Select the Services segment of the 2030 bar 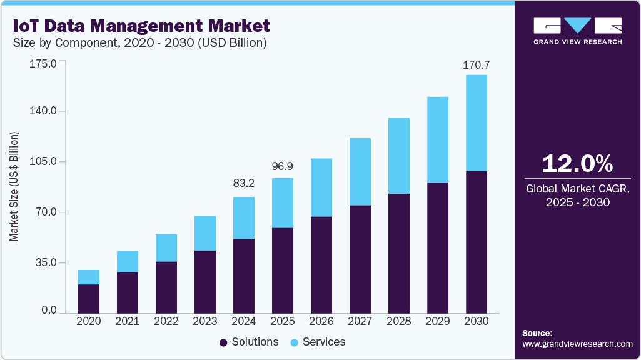476,122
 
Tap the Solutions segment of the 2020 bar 89,298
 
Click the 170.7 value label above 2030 476,64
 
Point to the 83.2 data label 243,183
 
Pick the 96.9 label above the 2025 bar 282,167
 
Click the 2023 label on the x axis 204,321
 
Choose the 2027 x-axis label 360,321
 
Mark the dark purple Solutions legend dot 223,342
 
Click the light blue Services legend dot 294,342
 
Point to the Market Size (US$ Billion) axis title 14,187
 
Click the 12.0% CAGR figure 577,164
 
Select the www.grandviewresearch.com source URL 577,344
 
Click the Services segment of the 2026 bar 321,187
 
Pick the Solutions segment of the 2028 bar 398,253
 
